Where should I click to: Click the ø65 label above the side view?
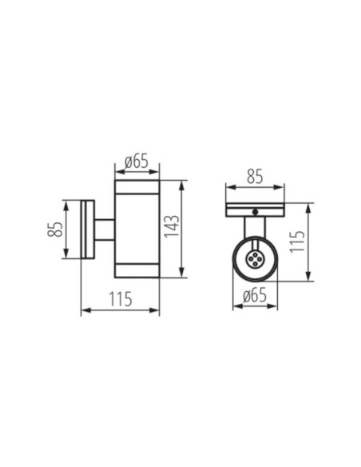pos(137,162)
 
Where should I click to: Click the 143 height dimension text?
pos(171,230)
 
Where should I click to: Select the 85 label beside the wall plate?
pos(54,230)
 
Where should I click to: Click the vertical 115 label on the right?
pos(296,241)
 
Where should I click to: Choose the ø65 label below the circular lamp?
pos(255,297)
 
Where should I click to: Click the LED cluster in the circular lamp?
pos(255,259)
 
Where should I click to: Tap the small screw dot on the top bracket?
pos(255,212)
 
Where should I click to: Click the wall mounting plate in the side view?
pos(88,230)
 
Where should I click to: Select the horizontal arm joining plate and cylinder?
pos(105,230)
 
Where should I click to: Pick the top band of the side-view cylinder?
pos(137,190)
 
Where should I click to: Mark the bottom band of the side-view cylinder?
pos(137,269)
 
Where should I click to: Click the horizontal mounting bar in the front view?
pos(255,210)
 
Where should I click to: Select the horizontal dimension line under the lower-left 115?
pos(120,310)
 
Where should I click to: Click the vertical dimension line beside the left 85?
pos(66,230)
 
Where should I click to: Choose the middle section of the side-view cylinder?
pos(137,230)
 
